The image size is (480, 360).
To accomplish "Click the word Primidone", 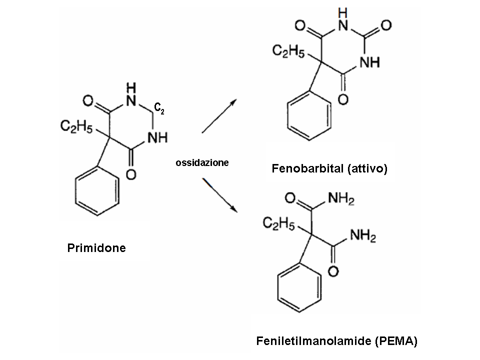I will click(96, 247).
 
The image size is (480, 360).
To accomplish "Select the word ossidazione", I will click(202, 162).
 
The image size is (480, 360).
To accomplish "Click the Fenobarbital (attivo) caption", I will click(329, 169).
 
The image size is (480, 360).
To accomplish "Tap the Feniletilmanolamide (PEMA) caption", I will click(336, 341).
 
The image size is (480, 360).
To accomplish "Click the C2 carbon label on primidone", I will click(159, 109).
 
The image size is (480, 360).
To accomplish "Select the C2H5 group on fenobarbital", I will click(288, 50).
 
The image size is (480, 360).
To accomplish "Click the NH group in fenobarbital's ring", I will click(369, 62).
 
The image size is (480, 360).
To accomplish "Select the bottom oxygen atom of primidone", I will click(131, 174).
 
